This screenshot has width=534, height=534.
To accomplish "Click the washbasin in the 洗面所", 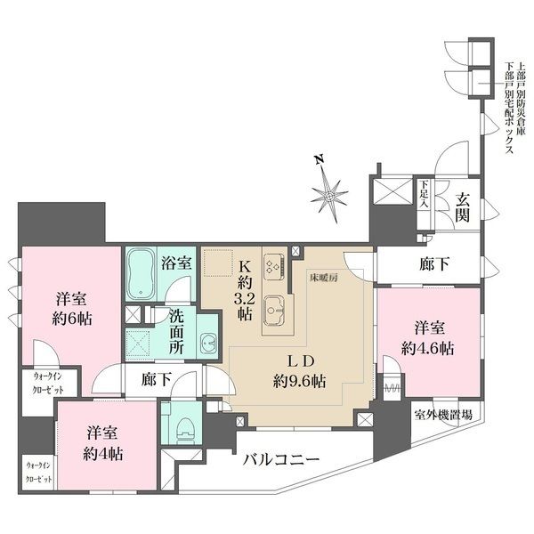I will (x=205, y=344).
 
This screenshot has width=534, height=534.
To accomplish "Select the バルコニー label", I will (x=283, y=461).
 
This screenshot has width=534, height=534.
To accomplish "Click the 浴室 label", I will (x=175, y=263).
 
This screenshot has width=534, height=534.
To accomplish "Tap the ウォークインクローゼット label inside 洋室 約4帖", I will (x=36, y=473).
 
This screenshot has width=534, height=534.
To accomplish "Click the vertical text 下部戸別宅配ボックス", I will (x=508, y=108).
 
